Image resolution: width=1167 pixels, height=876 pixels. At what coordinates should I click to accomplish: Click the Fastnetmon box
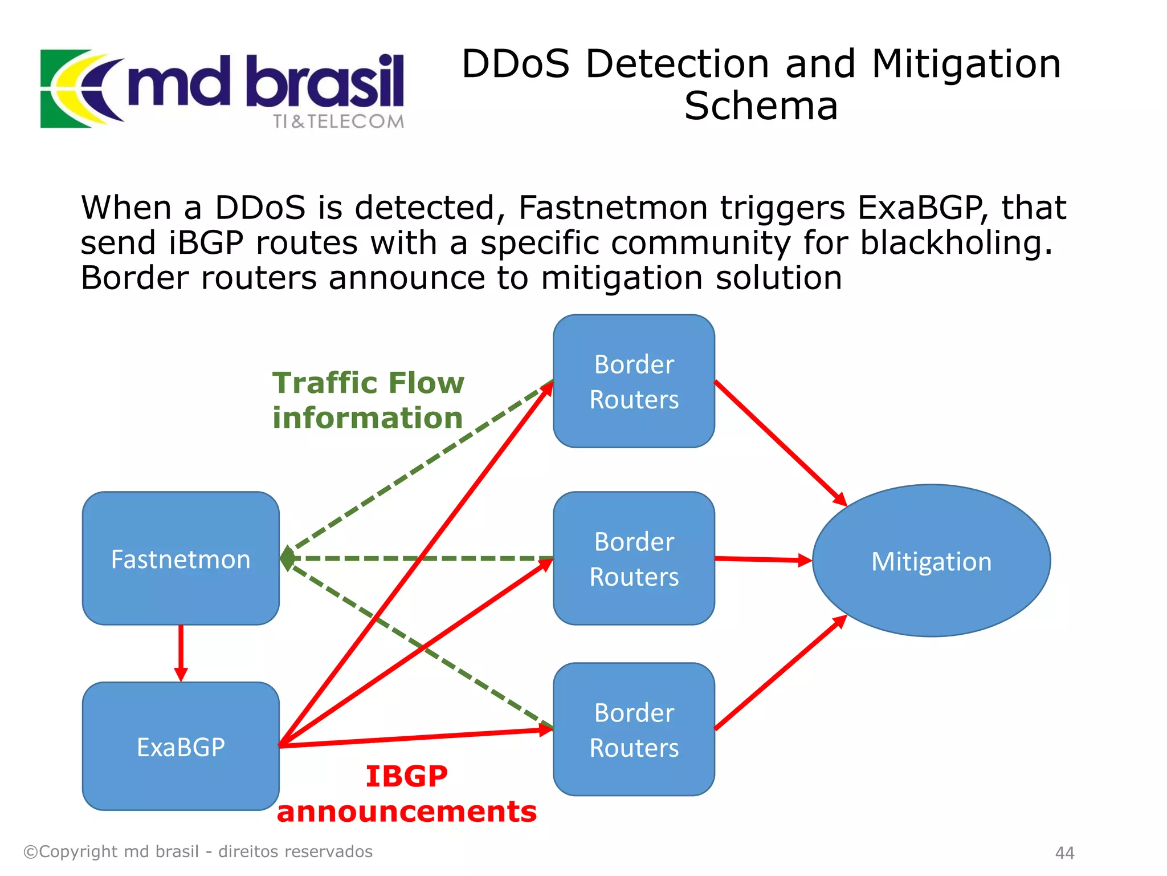181,558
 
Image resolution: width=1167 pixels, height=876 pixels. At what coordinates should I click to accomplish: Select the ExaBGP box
181,746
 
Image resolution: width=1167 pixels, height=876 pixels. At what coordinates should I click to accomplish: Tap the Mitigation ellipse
931,561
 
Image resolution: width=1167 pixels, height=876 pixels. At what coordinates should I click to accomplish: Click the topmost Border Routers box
634,381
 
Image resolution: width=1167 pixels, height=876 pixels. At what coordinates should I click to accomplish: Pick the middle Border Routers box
634,558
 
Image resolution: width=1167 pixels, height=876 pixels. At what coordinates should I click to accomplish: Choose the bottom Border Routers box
634,729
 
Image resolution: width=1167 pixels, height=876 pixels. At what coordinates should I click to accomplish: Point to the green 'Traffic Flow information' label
368,400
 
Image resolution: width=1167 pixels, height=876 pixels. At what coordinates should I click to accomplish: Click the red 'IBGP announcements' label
406,793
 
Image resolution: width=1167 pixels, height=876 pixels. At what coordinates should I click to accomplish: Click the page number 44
1064,853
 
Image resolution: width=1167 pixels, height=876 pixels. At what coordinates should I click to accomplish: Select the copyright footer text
198,851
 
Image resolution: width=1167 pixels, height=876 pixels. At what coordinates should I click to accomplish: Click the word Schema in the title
761,106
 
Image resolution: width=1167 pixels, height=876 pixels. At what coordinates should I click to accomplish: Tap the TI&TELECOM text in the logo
338,121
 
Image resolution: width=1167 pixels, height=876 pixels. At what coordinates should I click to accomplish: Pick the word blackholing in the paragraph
956,243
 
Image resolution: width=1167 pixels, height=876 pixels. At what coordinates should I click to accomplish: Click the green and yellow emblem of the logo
74,88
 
